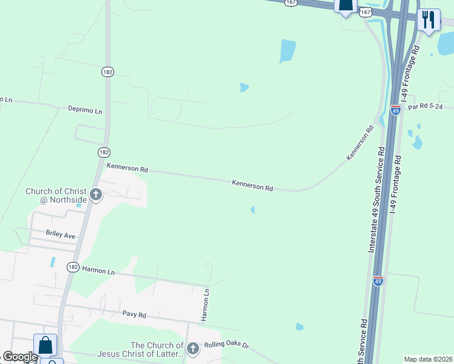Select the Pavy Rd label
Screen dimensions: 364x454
[x=134, y=315]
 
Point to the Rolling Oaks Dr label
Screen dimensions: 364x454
[x=226, y=344]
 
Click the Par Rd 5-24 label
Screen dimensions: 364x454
[x=430, y=106]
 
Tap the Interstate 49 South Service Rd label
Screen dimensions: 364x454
[x=376, y=200]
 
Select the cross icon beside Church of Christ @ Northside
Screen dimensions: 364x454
[x=95, y=195]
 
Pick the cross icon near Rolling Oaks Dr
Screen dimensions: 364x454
[x=192, y=348]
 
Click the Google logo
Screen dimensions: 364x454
[x=20, y=357]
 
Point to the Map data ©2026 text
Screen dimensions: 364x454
[x=428, y=359]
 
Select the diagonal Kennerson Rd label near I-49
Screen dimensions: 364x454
[x=359, y=143]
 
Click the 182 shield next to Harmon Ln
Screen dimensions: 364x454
[x=73, y=267]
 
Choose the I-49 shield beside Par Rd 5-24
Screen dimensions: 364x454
[x=396, y=111]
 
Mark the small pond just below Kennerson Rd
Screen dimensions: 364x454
[x=252, y=210]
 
